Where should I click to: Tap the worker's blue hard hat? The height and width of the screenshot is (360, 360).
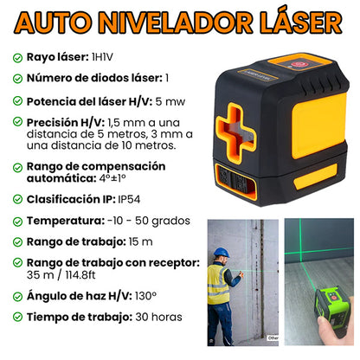(x=221, y=253)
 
